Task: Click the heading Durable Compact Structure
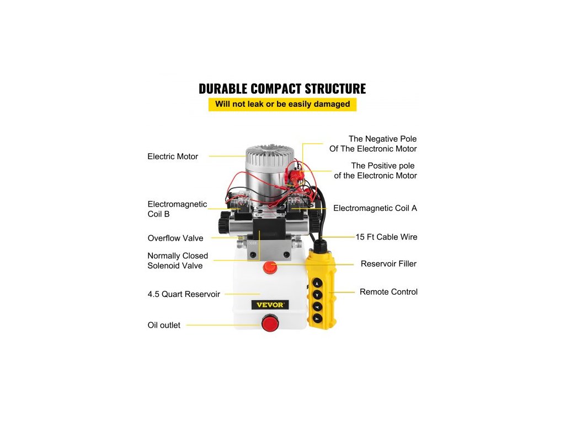[x=282, y=89]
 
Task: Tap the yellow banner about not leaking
[x=282, y=104]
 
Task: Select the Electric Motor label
[x=173, y=156]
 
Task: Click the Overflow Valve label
[x=175, y=238]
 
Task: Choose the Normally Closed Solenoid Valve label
[x=178, y=261]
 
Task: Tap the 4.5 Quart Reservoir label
[x=184, y=294]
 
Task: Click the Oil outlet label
[x=164, y=325]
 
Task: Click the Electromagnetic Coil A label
[x=375, y=208]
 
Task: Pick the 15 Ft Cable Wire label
[x=386, y=237]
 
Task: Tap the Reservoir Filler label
[x=388, y=264]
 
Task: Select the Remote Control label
[x=388, y=292]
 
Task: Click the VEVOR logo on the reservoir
[x=270, y=305]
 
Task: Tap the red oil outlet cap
[x=270, y=323]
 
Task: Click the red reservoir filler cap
[x=270, y=268]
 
